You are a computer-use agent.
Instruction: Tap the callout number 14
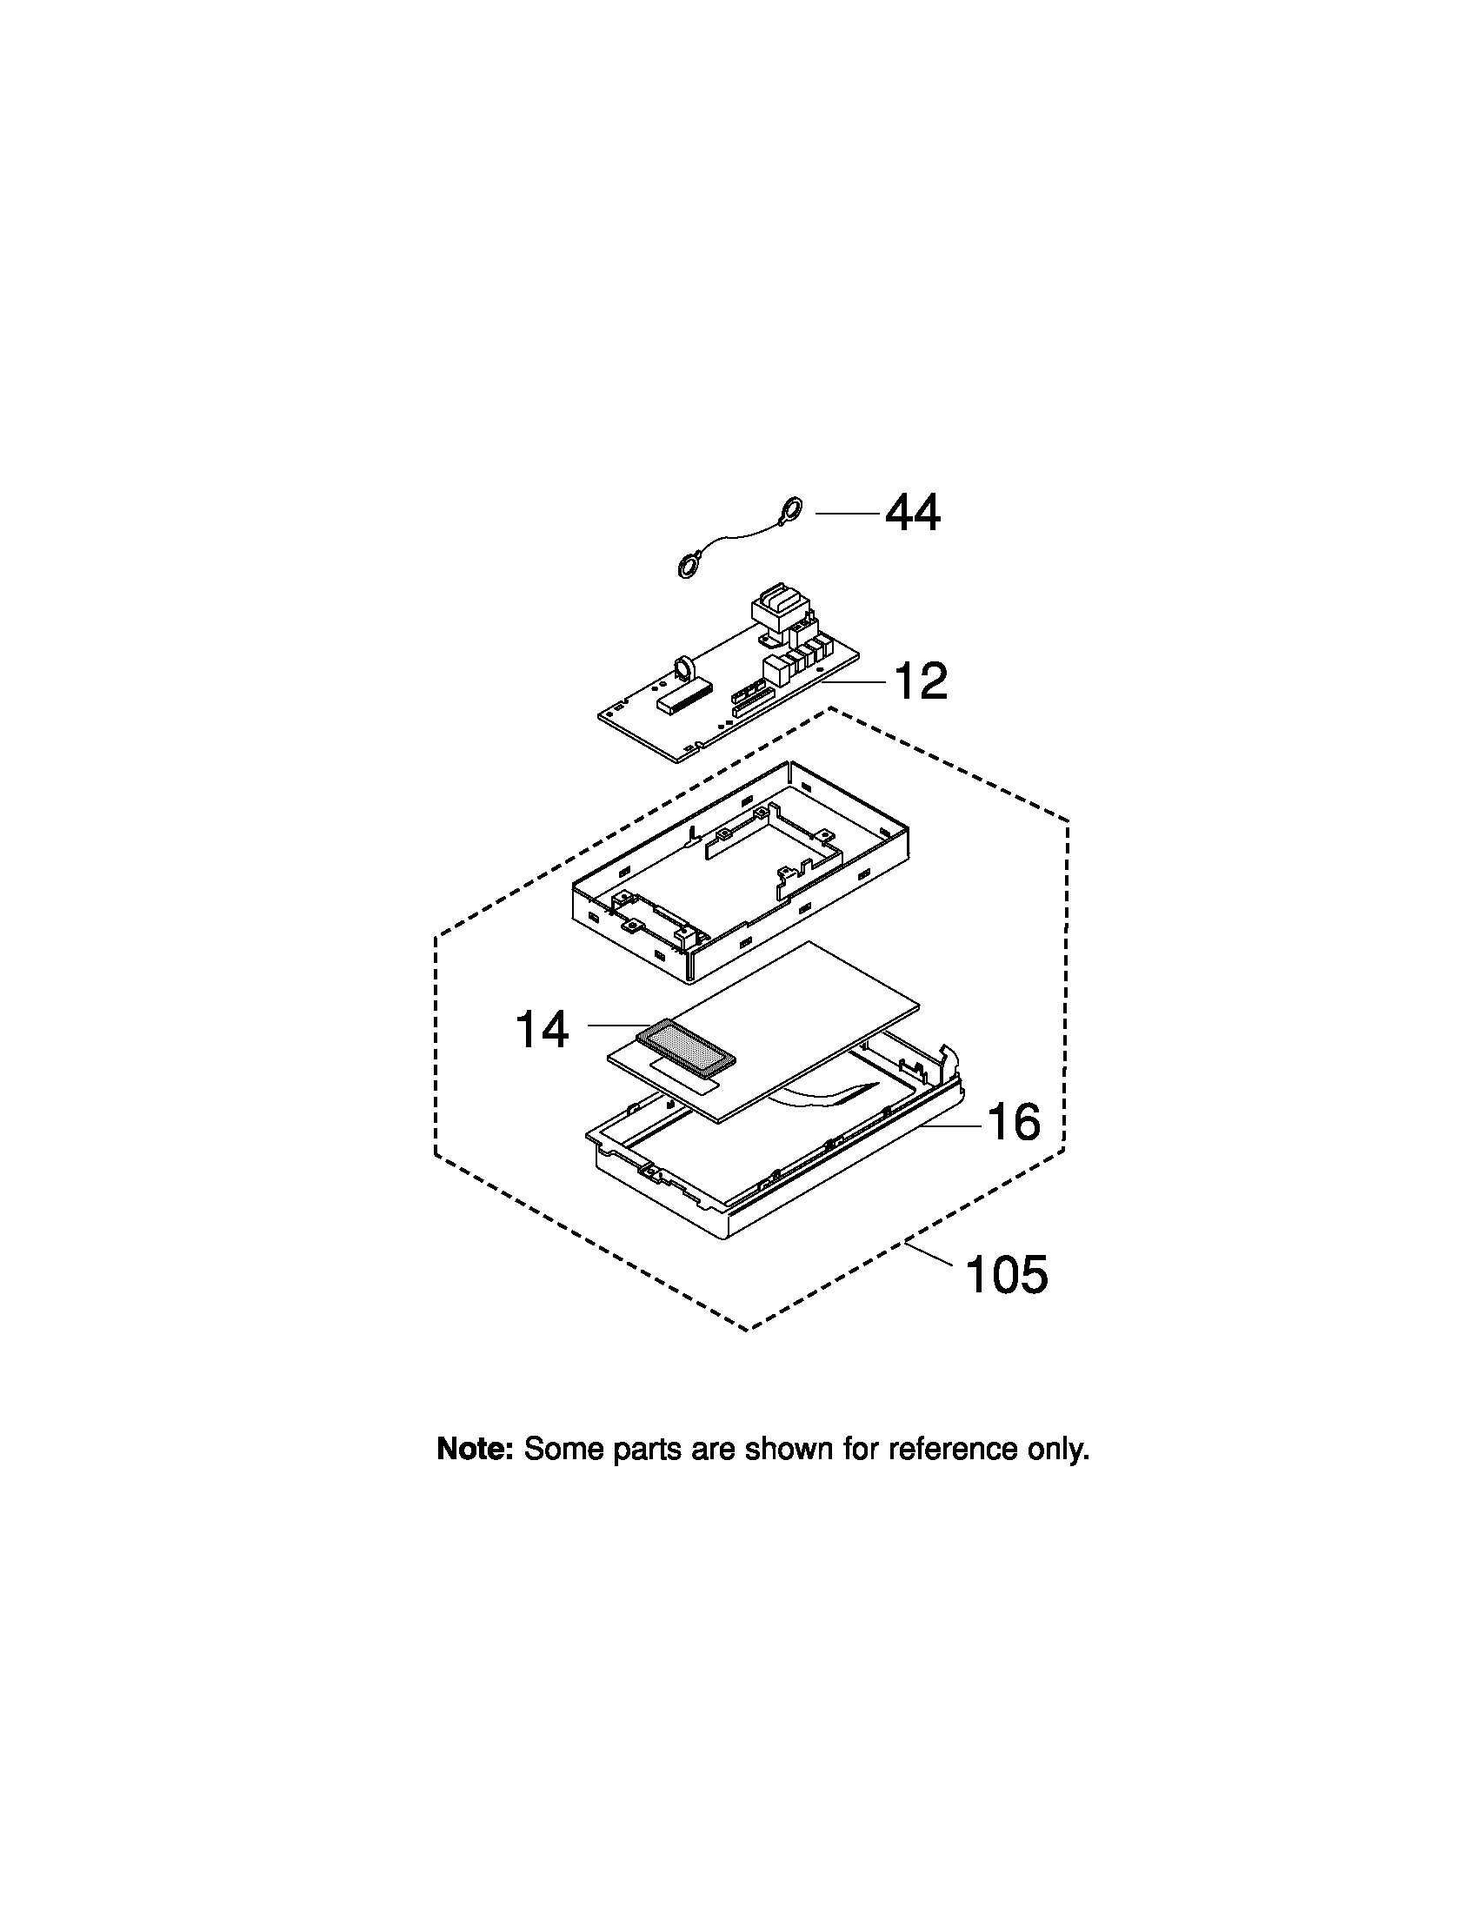click(542, 1029)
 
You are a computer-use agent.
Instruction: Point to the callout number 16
click(1015, 1121)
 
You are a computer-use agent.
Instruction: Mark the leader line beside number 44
click(847, 513)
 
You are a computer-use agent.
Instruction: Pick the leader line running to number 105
click(930, 1253)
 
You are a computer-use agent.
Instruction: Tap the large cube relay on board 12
click(776, 670)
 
